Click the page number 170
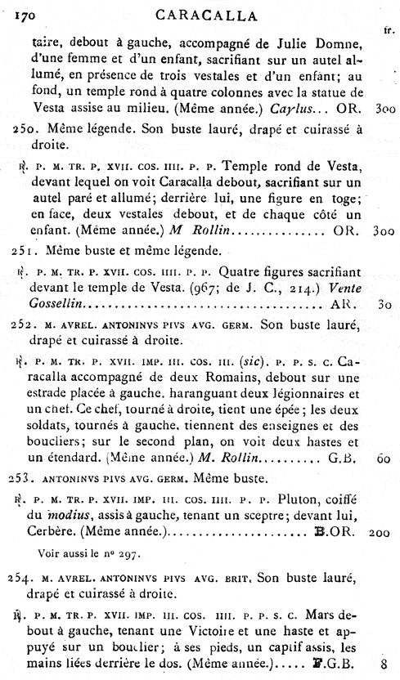(14, 11)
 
